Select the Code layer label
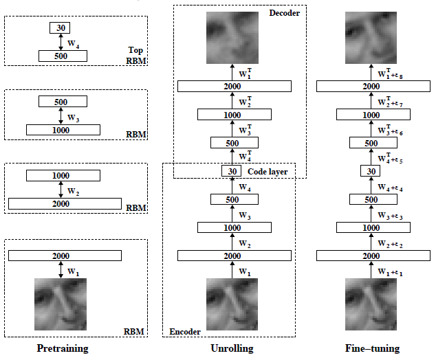(x=268, y=171)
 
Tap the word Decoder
(x=285, y=12)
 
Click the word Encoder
(x=185, y=331)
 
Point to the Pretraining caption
(x=63, y=348)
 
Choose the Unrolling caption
(x=232, y=348)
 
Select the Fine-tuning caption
(x=371, y=348)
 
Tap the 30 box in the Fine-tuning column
(x=371, y=171)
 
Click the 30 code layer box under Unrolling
(x=232, y=171)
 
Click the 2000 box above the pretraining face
(x=65, y=256)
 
